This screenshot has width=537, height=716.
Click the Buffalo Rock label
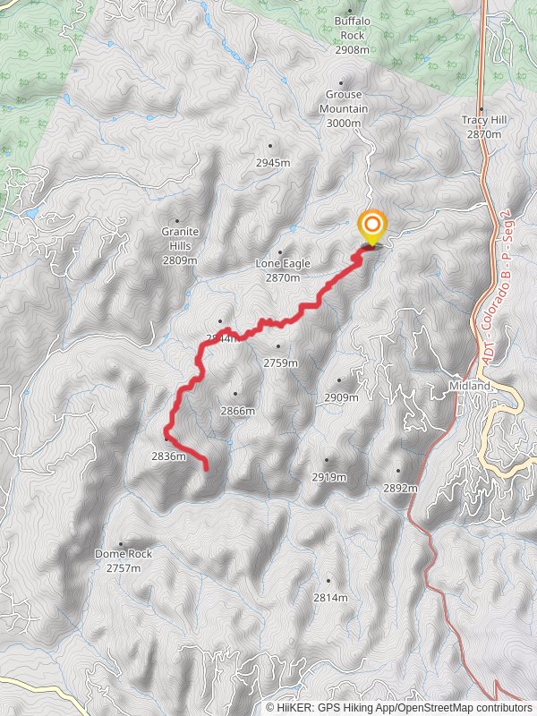[352, 35]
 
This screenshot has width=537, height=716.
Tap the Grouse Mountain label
[344, 101]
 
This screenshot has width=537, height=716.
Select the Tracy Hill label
[483, 126]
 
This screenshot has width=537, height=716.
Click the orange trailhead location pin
[371, 226]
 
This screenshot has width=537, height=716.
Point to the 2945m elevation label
[273, 163]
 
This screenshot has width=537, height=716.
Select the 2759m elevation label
[280, 362]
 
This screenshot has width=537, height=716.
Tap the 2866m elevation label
[237, 411]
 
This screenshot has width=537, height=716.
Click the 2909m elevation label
[341, 397]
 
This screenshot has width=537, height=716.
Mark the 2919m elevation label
[328, 477]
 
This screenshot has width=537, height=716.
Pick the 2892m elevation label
[400, 489]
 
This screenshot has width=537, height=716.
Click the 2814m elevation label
[328, 598]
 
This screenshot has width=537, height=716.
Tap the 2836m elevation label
[168, 456]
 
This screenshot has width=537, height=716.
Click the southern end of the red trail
[207, 467]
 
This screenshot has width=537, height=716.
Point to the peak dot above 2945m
[270, 145]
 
